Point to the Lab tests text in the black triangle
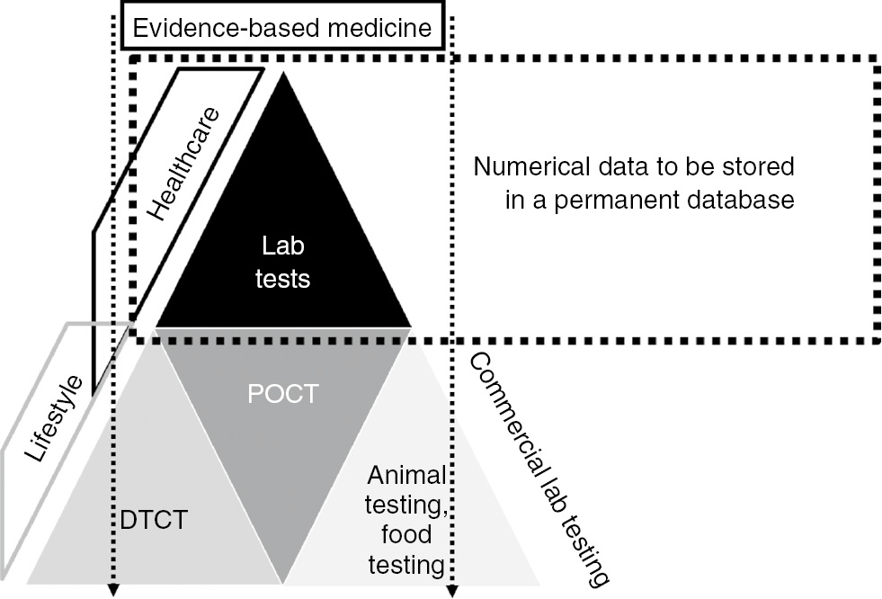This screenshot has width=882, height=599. (285, 262)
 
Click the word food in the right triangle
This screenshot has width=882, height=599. (407, 535)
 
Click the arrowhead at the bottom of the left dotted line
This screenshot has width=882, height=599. (114, 590)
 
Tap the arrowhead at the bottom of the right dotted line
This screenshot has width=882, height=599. (452, 590)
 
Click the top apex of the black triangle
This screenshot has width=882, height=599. (284, 73)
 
